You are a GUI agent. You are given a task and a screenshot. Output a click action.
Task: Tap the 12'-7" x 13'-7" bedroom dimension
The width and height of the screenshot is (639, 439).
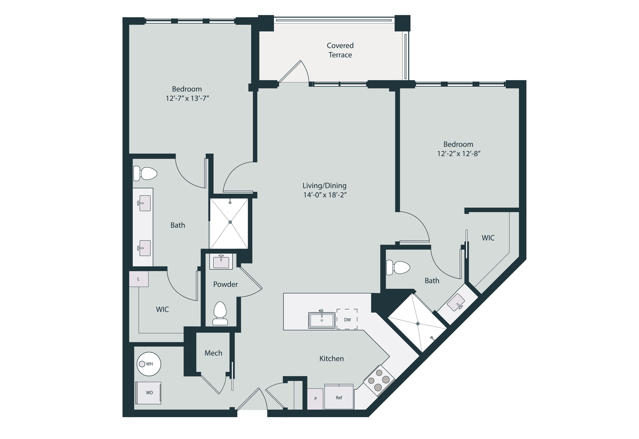pyautogui.click(x=187, y=98)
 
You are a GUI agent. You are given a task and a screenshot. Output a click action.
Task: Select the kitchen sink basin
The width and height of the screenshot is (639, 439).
pyautogui.click(x=322, y=320)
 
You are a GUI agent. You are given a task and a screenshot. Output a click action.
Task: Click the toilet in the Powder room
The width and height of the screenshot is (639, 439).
pyautogui.click(x=220, y=313)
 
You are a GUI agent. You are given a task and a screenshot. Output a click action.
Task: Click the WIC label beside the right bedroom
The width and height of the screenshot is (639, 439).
pyautogui.click(x=488, y=238)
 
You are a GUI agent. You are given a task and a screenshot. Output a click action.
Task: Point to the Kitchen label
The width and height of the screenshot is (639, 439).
pyautogui.click(x=331, y=359)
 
